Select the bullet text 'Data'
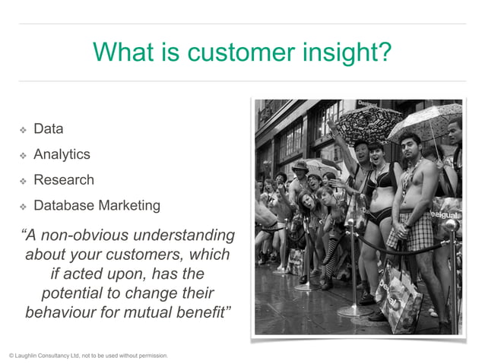coord(48,128)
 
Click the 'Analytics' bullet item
coord(62,154)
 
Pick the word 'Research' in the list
coord(64,180)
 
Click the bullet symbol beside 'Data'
coord(24,130)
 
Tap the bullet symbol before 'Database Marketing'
coord(24,207)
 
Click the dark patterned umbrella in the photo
coord(369,122)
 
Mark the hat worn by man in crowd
coord(300,166)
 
